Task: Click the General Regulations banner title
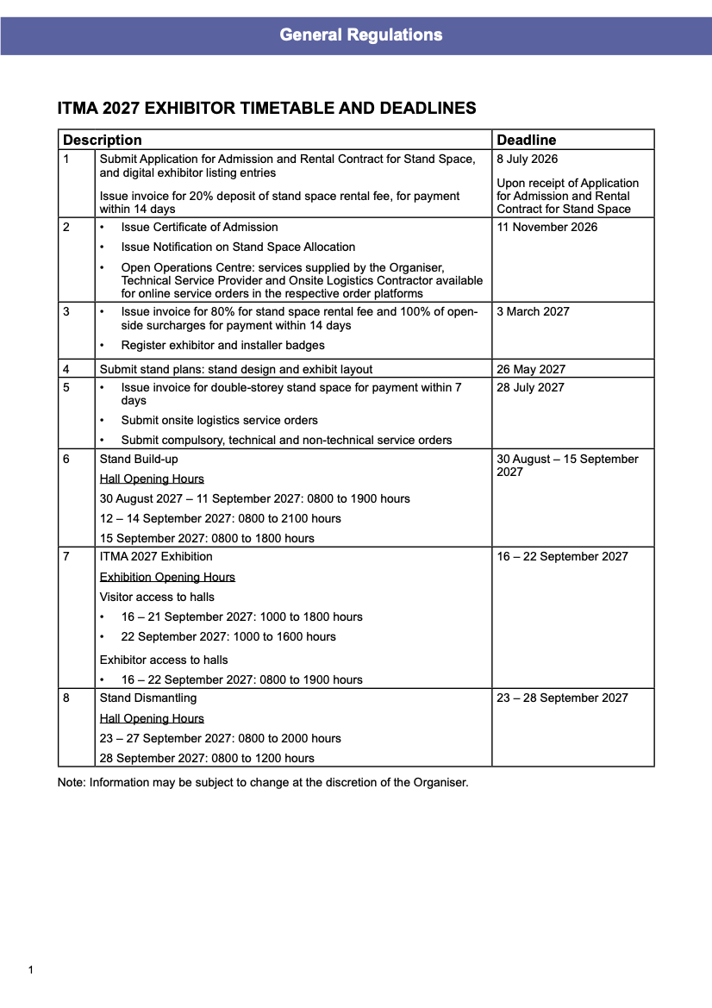click(360, 35)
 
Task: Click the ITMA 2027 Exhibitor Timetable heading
click(266, 109)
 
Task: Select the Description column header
click(103, 140)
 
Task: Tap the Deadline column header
click(527, 140)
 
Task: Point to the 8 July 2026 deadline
click(527, 159)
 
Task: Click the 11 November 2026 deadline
click(546, 227)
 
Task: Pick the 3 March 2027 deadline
click(533, 311)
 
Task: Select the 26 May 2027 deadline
click(531, 369)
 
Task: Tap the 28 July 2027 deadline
click(531, 387)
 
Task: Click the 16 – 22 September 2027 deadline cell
click(562, 556)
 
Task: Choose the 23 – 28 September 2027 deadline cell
click(562, 698)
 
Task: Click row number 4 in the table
click(66, 369)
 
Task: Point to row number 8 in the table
click(66, 698)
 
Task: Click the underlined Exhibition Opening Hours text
click(167, 577)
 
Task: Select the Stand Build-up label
click(139, 459)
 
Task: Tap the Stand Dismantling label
click(148, 698)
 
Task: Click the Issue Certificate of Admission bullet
click(199, 227)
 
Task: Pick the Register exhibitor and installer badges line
click(222, 345)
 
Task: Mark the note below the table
click(263, 783)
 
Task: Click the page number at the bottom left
click(31, 970)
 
